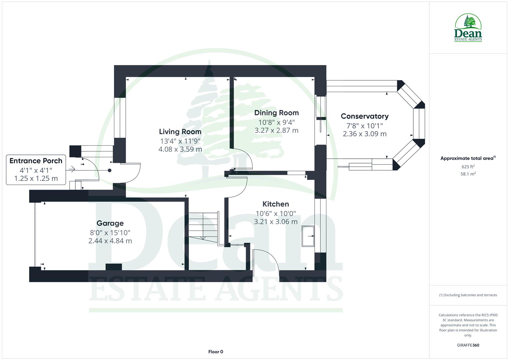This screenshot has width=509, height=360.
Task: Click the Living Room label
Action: [x=180, y=132]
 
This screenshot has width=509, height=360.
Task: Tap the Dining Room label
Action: [x=276, y=113]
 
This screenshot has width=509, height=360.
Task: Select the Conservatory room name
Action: [x=365, y=116]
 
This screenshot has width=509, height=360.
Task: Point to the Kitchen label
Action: [x=276, y=204]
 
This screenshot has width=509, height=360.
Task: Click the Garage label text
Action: [x=110, y=223]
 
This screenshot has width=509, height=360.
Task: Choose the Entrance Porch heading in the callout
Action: [x=36, y=161]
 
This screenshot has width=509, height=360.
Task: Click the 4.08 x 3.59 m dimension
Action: [x=180, y=149]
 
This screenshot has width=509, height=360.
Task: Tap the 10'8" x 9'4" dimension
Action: [x=276, y=122]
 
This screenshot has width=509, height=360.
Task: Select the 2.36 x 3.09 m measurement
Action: [x=365, y=134]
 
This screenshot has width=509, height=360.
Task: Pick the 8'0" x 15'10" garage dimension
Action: [x=110, y=232]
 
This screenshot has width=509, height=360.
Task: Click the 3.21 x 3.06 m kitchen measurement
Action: [x=276, y=222]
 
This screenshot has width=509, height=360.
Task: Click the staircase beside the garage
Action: [x=203, y=226]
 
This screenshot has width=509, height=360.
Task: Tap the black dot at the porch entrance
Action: [x=109, y=170]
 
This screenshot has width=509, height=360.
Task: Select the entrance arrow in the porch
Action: [x=71, y=170]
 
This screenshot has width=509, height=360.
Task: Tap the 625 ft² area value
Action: [x=468, y=167]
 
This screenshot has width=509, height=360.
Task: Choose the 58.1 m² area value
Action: [x=468, y=174]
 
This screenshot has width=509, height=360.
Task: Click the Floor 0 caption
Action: [x=216, y=352]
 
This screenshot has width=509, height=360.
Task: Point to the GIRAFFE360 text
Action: [x=468, y=345]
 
